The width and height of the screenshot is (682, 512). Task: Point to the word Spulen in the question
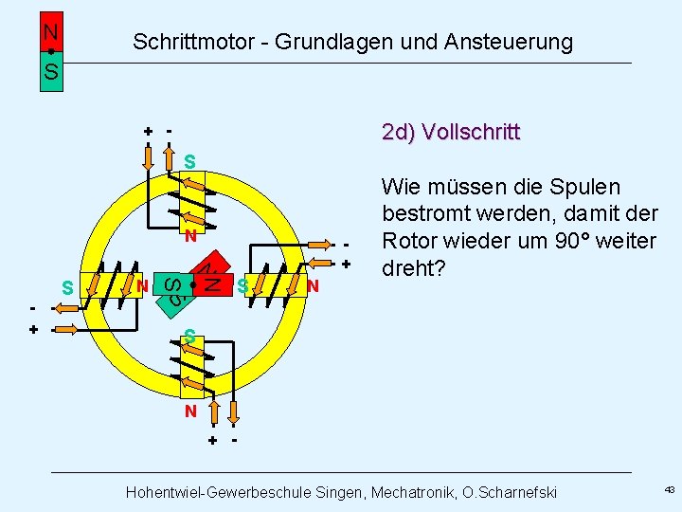coord(586,187)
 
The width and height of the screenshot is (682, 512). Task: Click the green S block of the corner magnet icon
coord(51,72)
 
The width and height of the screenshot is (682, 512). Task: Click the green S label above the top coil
coord(190,162)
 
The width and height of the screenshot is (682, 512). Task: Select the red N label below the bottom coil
coord(190,411)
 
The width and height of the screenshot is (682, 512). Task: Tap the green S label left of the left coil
coord(66,286)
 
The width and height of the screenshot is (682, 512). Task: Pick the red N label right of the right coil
coord(313,285)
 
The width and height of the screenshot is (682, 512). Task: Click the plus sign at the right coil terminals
coord(347,264)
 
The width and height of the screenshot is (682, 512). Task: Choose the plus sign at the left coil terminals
coord(33,330)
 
